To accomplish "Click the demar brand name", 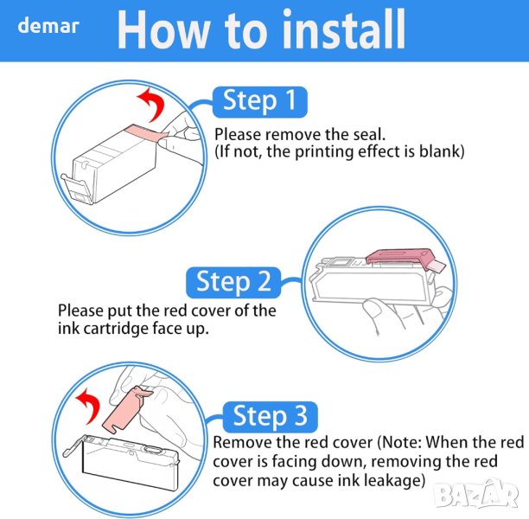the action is tap(48, 26).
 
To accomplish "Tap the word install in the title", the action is tap(343, 29).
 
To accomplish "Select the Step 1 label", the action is tap(260, 102).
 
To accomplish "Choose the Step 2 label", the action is tap(233, 282).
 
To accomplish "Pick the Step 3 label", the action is tap(271, 417).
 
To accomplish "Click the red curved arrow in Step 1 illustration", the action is tap(153, 104).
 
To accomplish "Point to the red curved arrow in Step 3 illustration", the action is tap(89, 405).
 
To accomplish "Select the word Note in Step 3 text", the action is tap(401, 442).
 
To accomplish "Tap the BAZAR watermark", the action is tap(476, 496).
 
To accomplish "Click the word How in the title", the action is tap(163, 30).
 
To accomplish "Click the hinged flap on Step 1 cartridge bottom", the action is tap(77, 189).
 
